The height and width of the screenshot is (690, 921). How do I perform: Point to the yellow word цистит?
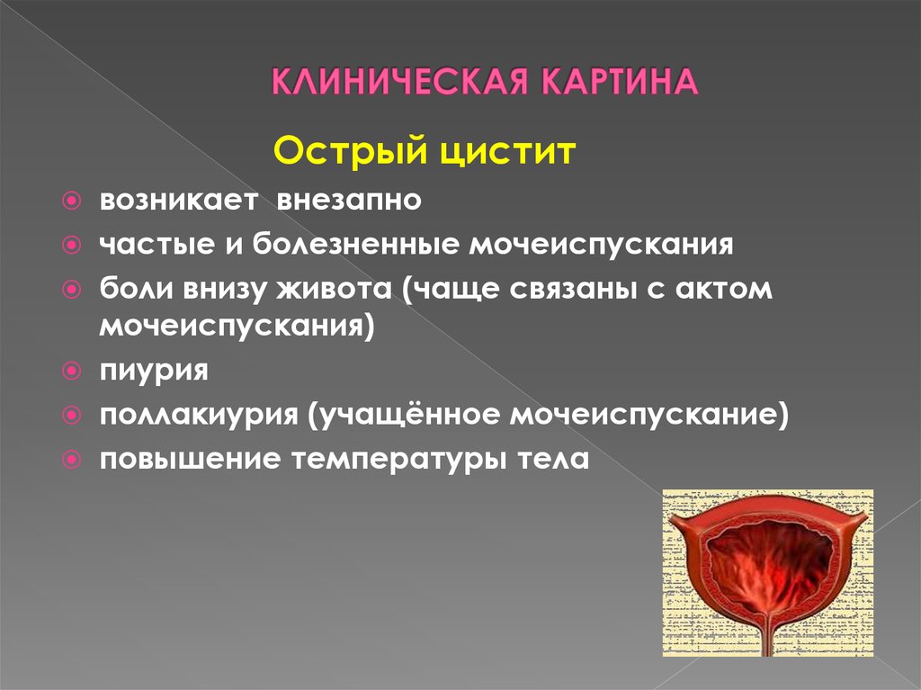pos(507,153)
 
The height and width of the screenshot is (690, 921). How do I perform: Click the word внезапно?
pos(349,200)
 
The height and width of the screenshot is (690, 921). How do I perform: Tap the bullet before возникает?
pos(71,201)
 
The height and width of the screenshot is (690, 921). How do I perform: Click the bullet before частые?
pos(71,245)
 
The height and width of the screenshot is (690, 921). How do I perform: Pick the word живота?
pos(334,289)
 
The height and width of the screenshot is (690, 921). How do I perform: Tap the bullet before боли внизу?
pos(71,289)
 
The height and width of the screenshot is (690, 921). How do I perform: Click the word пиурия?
pos(154,372)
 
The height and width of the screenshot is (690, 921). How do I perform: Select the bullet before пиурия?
pos(71,371)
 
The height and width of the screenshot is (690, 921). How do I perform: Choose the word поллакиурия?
pos(199,415)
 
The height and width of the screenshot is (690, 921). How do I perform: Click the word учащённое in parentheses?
pos(406,415)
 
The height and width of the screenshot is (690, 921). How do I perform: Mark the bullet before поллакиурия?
pos(71,416)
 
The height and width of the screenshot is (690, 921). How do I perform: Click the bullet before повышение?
pos(71,459)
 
